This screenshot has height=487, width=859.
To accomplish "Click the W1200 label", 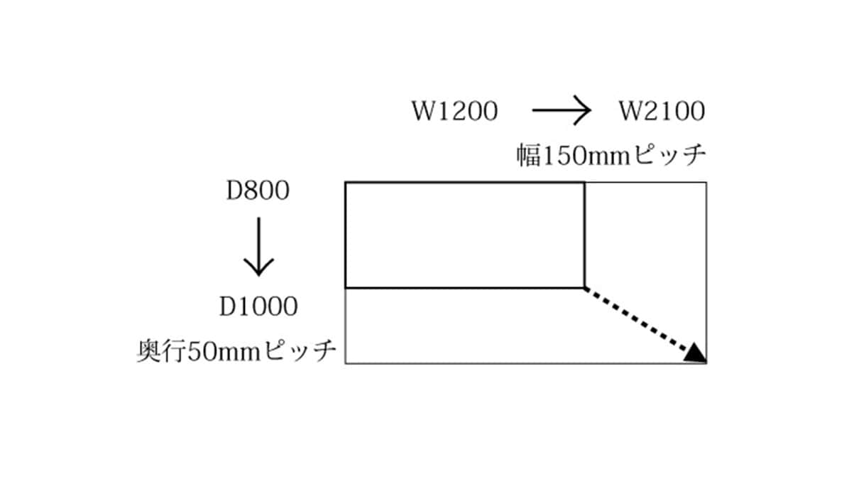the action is [x=455, y=112].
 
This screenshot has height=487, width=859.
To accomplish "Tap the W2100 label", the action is [x=662, y=112].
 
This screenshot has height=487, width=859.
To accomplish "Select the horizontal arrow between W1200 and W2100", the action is [x=562, y=110].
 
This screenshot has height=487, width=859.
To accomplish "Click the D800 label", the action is [x=258, y=191].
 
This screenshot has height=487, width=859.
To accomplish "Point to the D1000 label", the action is [x=258, y=306].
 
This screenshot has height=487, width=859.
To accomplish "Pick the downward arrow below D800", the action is [x=259, y=247].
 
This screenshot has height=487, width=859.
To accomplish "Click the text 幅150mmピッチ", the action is [x=611, y=155].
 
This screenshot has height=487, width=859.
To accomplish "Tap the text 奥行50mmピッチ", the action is [x=237, y=351].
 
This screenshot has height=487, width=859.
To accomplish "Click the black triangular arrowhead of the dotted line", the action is [x=695, y=353].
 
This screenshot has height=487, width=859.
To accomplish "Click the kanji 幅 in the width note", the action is [x=528, y=156].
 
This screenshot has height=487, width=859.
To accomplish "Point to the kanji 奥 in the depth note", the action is [x=150, y=351].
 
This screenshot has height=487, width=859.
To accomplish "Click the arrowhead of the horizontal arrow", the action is [x=583, y=110].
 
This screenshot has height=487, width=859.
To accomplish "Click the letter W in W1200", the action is [x=423, y=112].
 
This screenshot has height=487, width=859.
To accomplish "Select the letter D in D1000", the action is [x=227, y=306].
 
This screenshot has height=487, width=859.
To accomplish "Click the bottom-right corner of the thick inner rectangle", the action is [x=585, y=288].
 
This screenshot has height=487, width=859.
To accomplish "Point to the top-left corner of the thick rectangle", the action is [x=346, y=183].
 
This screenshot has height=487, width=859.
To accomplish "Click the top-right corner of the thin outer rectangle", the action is [x=706, y=183].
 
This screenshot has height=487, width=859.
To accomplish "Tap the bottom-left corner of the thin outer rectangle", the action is [x=346, y=363].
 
